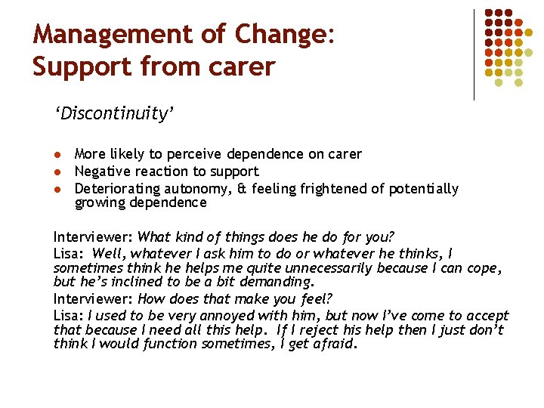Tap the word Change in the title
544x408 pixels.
(x=282, y=35)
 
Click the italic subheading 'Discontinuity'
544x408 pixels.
(x=114, y=114)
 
